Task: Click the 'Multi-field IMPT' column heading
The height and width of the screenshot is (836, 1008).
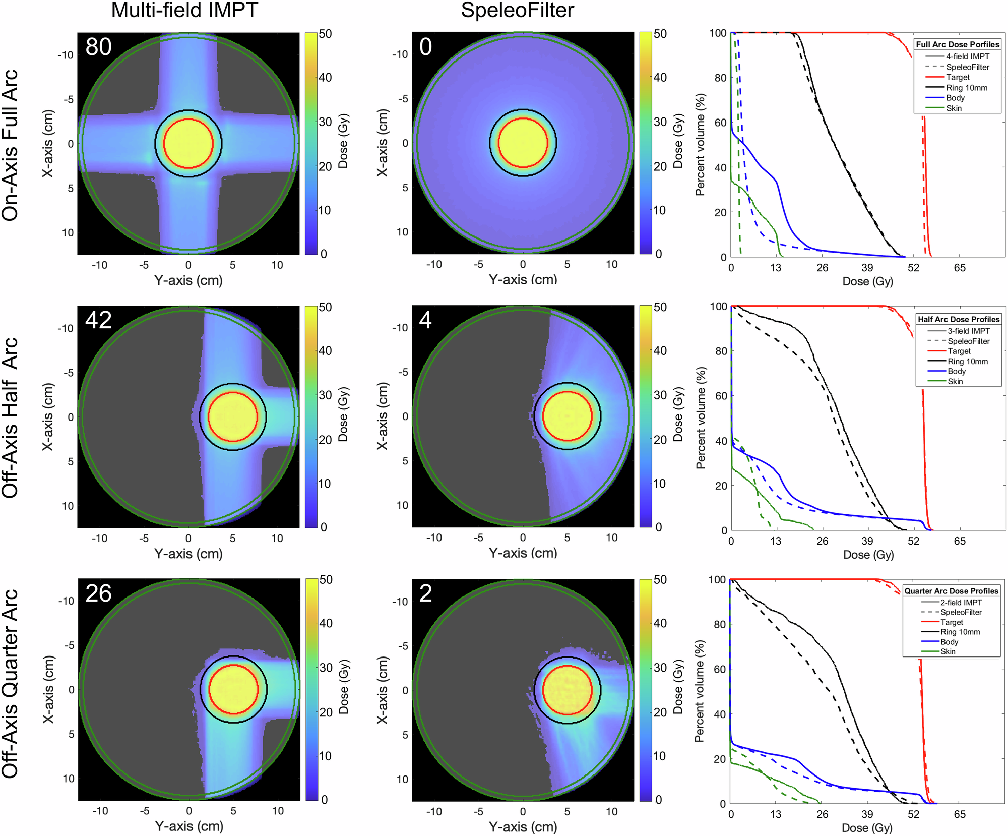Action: click(x=184, y=10)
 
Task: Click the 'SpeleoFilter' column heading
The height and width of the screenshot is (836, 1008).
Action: click(x=518, y=10)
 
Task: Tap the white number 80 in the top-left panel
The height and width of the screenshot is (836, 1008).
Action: click(x=98, y=47)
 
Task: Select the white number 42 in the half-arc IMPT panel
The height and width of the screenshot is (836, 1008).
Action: click(x=98, y=320)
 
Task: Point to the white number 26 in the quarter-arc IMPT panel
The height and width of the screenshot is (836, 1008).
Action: click(x=98, y=593)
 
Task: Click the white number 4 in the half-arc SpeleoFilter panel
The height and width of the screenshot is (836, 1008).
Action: click(x=425, y=320)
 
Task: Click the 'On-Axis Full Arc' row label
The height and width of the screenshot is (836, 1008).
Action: click(x=10, y=145)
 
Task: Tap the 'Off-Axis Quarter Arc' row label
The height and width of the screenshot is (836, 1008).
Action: click(x=10, y=683)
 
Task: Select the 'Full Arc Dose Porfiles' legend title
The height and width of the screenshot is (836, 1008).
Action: click(x=958, y=44)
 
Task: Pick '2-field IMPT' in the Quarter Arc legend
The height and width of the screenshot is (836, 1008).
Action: click(x=961, y=602)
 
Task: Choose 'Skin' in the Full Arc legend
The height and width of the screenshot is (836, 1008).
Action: click(x=954, y=108)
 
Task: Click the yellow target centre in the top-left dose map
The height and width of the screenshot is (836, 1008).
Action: click(x=188, y=144)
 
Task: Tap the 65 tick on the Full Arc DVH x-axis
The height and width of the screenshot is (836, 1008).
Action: click(x=960, y=268)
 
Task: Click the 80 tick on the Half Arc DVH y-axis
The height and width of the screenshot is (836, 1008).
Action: click(x=721, y=351)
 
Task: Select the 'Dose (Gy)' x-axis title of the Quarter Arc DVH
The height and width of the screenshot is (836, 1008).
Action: click(x=867, y=828)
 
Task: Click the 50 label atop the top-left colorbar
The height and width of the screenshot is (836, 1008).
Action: click(x=325, y=34)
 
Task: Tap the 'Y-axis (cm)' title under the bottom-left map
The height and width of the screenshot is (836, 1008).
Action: click(x=189, y=826)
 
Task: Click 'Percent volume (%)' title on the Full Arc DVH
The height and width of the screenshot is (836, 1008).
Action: click(x=700, y=145)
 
